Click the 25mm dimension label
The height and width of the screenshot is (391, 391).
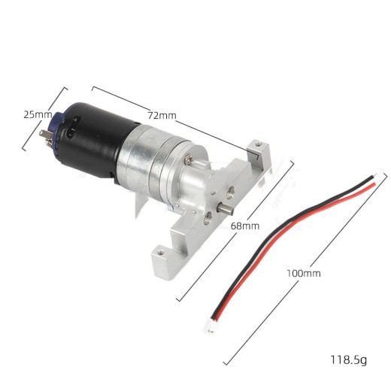tap(38, 115)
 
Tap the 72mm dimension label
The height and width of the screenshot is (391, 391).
tap(162, 115)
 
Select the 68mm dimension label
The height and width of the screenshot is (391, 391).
tap(245, 225)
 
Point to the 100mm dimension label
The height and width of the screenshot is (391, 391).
tap(304, 273)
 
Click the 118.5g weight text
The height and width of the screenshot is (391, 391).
tap(348, 359)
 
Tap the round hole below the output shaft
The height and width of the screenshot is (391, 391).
tap(209, 219)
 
